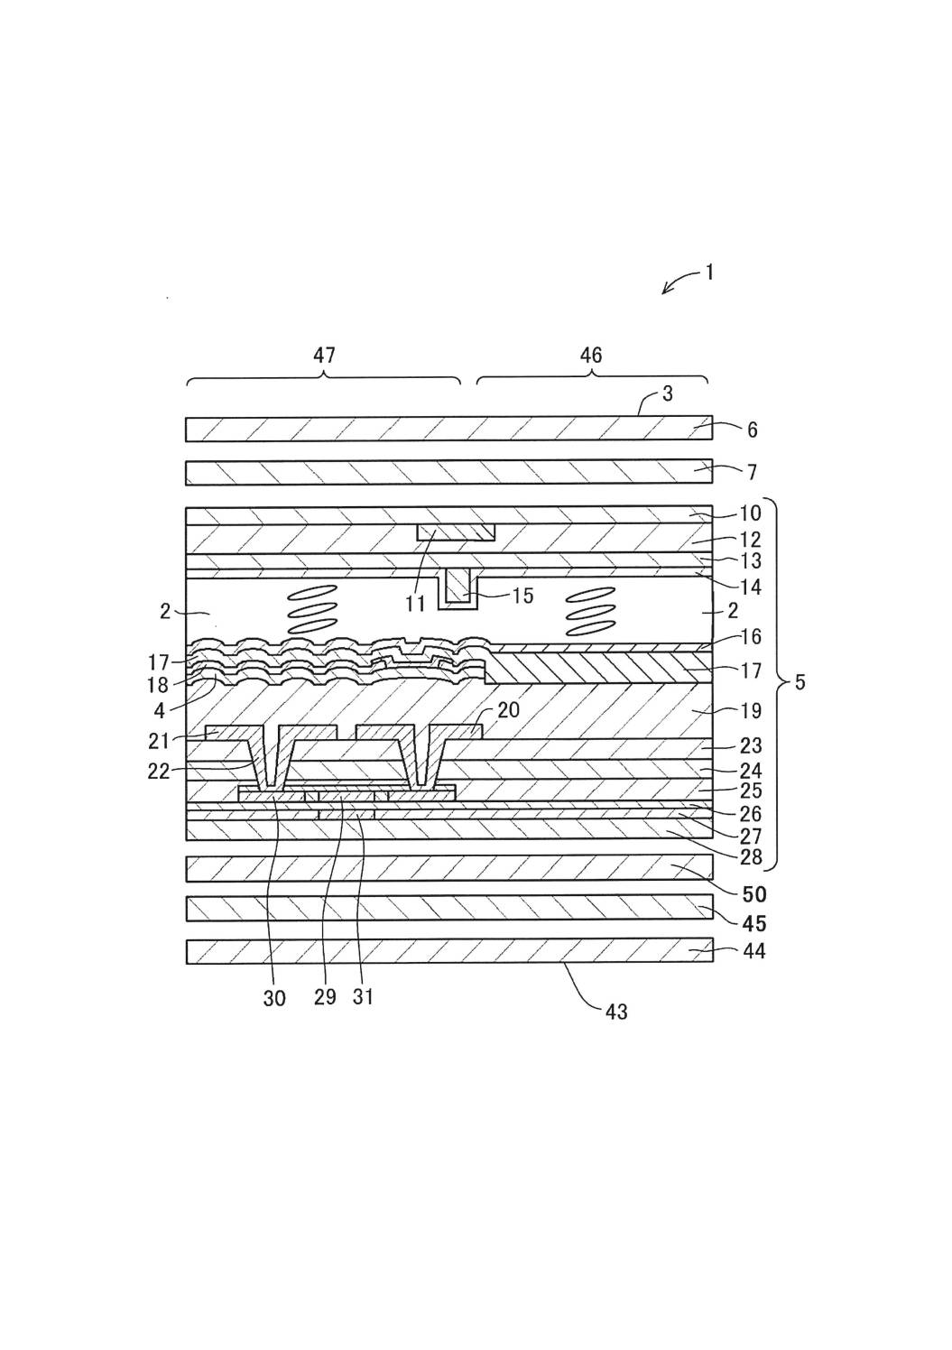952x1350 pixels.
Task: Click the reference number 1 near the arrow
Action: (709, 272)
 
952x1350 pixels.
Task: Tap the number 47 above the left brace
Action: (324, 356)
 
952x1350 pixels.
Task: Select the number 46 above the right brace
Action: (590, 356)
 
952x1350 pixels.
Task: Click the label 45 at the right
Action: (753, 923)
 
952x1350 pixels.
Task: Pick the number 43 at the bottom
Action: (616, 1012)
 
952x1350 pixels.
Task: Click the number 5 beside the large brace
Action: (799, 682)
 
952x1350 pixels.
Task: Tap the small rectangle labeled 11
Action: (456, 532)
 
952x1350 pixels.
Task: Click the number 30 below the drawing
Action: (274, 997)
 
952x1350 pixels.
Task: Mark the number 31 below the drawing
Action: (363, 996)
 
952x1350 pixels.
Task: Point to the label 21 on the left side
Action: (160, 741)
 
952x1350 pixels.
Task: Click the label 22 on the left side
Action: (160, 772)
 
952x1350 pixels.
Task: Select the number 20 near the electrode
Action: (508, 710)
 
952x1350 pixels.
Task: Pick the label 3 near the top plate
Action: (667, 394)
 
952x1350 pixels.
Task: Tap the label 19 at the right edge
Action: (751, 711)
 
